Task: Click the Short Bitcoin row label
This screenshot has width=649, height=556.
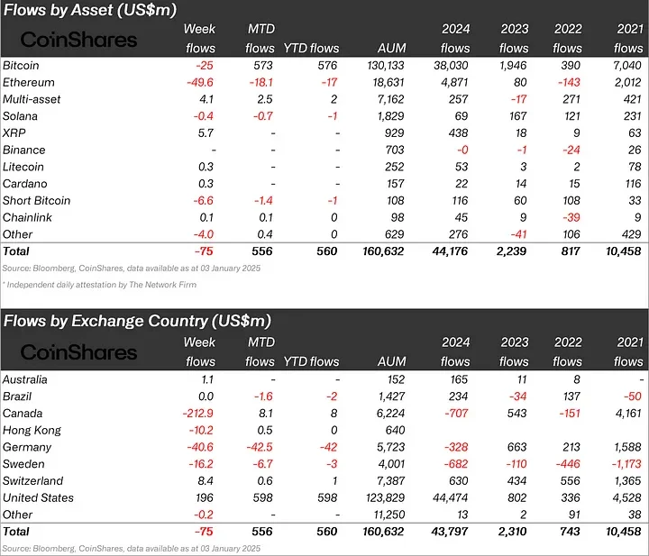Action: tap(36, 200)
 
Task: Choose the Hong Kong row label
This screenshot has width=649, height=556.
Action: tap(32, 430)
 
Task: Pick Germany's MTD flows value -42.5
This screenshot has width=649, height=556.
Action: tap(257, 447)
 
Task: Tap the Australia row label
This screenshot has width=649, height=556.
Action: tap(25, 379)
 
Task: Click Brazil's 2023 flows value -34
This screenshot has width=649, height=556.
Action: tap(517, 396)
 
